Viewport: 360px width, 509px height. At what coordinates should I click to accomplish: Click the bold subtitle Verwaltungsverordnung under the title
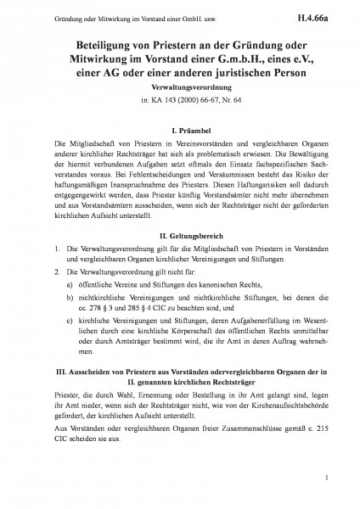coord(180,87)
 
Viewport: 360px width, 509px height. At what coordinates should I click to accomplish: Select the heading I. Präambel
coord(180,129)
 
